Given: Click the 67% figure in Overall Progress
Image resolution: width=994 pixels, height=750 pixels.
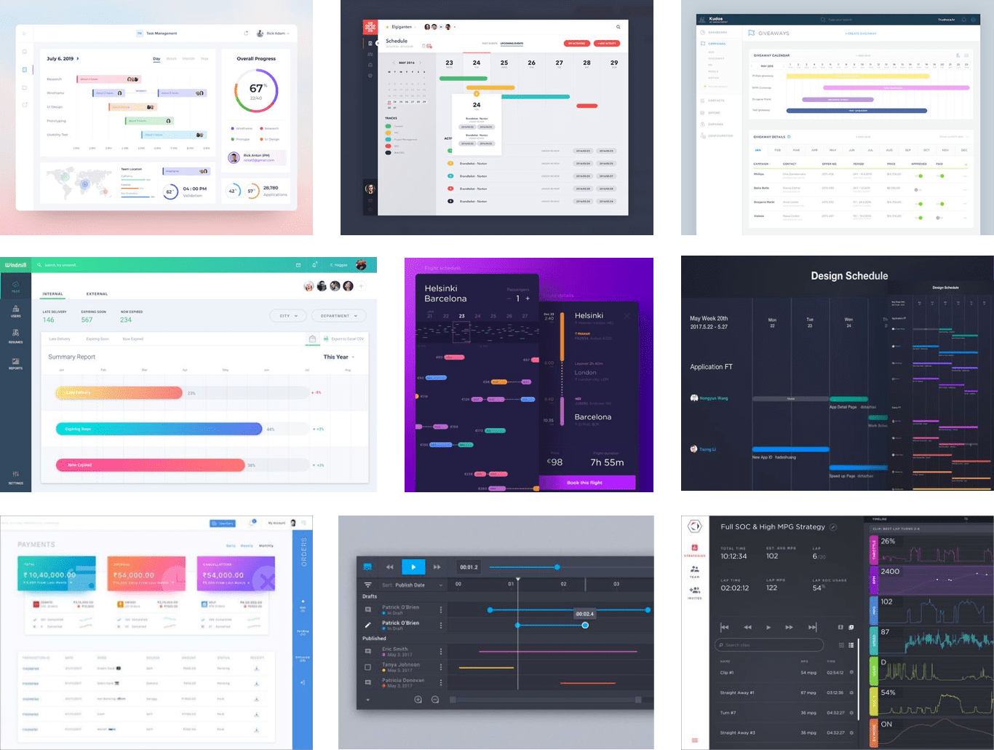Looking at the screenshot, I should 256,89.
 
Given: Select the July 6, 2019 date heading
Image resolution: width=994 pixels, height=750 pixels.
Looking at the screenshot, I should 60,59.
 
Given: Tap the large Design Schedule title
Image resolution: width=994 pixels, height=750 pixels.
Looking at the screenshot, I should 849,276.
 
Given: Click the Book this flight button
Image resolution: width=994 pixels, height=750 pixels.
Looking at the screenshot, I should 587,483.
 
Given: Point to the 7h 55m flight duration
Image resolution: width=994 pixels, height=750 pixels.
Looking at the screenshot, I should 606,462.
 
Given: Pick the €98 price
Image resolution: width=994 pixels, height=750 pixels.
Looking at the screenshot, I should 555,462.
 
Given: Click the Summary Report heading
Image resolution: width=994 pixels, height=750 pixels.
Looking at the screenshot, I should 72,357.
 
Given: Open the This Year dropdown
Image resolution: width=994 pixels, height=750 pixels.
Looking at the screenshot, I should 339,357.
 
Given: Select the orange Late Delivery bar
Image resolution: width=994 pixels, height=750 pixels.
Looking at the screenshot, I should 119,392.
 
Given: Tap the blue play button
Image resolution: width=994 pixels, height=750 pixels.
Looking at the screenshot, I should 413,567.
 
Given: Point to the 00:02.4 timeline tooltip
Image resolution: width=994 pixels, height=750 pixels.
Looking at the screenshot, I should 584,614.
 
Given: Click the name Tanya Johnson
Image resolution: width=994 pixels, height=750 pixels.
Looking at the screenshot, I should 401,664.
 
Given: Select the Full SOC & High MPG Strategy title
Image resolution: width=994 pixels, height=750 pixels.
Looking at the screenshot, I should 773,526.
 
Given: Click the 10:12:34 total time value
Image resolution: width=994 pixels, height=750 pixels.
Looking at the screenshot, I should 733,556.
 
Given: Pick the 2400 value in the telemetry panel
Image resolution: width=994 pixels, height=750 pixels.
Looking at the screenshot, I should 890,572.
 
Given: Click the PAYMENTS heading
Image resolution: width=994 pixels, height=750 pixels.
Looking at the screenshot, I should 36,545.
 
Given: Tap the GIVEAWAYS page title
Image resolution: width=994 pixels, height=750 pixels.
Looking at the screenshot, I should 774,33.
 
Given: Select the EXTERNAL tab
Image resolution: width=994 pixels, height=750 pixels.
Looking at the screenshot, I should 97,294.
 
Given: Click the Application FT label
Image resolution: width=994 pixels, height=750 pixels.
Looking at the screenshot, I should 711,367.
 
